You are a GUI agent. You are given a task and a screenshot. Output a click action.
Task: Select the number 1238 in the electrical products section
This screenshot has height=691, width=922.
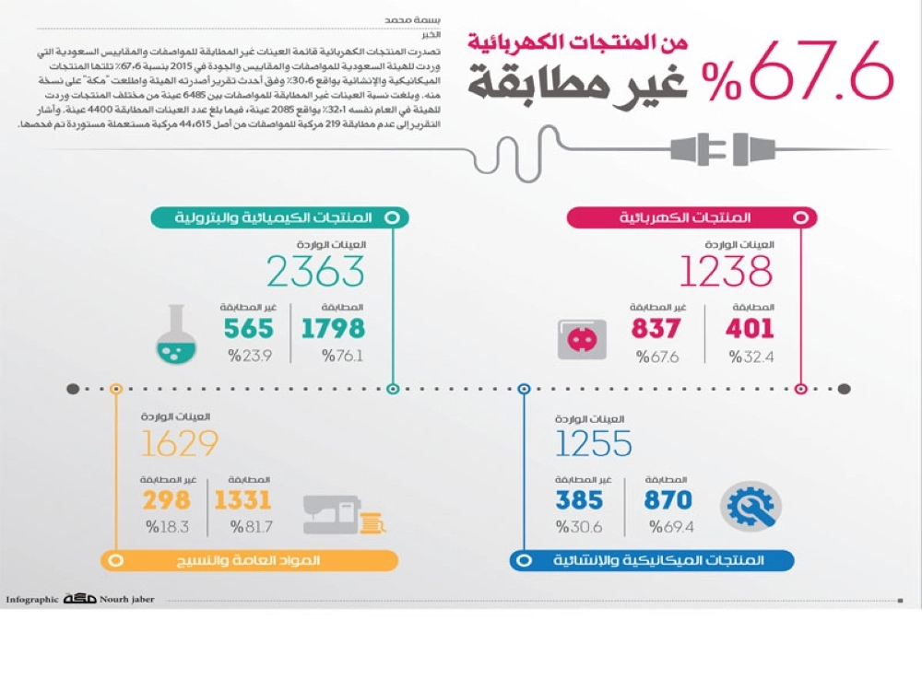(726, 272)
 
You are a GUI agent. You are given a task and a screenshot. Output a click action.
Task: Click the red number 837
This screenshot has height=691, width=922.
(656, 328)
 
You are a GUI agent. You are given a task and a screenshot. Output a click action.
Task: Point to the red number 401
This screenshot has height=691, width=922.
(749, 328)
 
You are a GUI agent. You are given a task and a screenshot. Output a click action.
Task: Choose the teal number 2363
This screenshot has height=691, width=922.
(315, 272)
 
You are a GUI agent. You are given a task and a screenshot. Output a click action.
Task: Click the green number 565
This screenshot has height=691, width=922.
(248, 328)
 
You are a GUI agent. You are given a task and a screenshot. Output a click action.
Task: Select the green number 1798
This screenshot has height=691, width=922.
(332, 328)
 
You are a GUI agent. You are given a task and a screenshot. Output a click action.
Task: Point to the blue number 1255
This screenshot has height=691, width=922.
(593, 444)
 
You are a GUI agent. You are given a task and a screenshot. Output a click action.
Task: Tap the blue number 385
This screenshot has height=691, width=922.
(579, 500)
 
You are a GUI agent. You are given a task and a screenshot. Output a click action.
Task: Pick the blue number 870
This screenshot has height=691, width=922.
(668, 500)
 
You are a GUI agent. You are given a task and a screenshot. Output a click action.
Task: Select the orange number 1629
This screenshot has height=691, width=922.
(180, 444)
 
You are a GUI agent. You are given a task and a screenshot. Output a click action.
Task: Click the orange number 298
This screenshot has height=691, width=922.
(167, 500)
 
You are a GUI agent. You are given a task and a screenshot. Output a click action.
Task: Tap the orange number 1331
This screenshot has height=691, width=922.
(242, 500)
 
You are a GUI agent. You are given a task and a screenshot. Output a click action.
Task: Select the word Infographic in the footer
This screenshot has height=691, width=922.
(32, 600)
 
